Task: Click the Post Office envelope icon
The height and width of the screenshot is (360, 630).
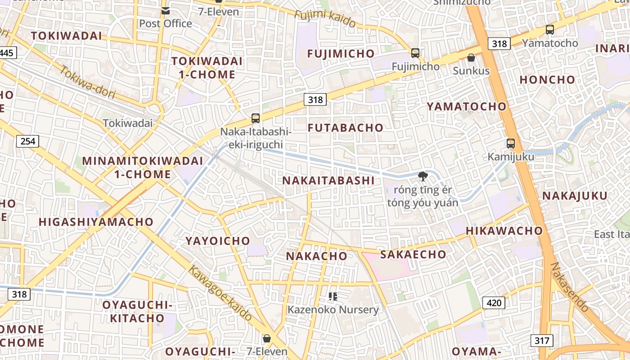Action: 166,11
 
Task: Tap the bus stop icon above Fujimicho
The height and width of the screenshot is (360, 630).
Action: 415,53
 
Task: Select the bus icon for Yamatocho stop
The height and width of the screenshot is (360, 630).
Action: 549,30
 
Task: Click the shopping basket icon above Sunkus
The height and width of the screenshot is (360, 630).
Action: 471,58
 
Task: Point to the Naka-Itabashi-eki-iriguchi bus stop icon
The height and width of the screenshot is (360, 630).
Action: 256,118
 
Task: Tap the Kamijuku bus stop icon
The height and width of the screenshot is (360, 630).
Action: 511,144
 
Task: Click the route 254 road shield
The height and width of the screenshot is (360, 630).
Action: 28,141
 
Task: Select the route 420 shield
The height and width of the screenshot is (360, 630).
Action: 494,303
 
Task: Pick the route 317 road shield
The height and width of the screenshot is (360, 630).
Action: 542,341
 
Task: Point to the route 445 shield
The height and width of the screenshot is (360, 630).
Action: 7,53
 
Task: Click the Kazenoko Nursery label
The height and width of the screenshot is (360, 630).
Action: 333,310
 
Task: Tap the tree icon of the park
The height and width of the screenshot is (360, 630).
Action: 423,176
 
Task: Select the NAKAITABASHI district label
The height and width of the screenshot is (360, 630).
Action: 328,181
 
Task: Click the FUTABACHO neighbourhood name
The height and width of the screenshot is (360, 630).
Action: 346,128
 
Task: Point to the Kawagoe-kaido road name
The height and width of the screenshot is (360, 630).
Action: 220,293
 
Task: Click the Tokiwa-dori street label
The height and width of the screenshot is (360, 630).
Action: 87,82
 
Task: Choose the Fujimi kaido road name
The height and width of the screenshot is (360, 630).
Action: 325,18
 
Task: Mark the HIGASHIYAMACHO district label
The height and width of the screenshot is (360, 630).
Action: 96,222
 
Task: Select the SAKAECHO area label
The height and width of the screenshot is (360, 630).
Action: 413,254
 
